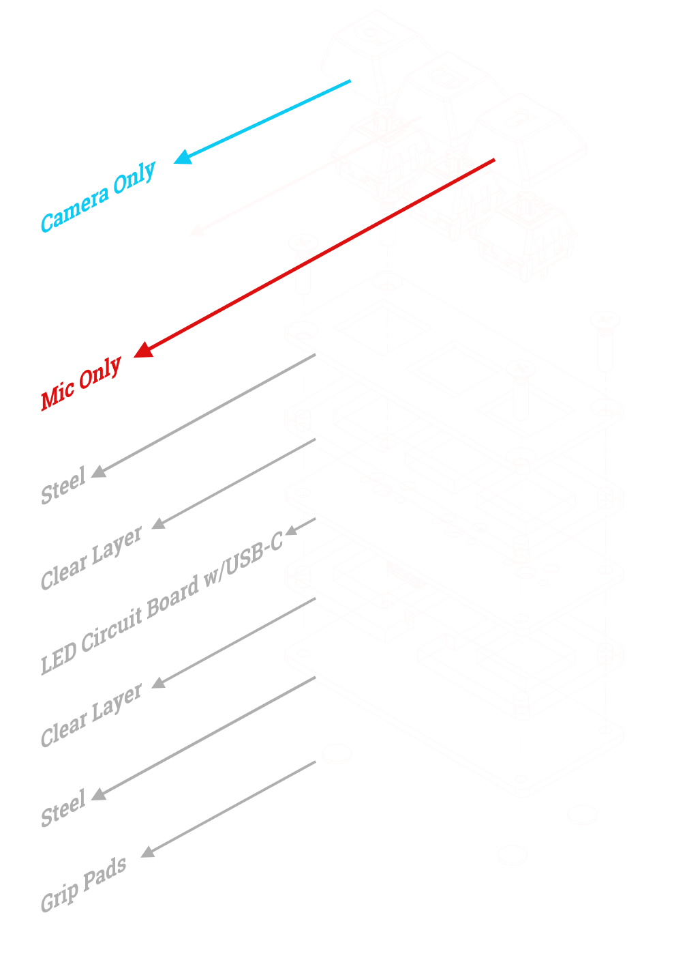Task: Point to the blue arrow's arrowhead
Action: point(182,157)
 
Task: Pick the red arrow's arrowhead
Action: point(142,351)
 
